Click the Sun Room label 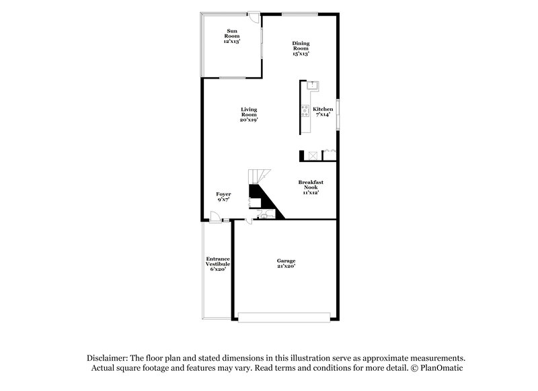232,36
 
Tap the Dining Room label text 301,49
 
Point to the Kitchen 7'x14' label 323,112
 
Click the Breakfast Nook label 311,187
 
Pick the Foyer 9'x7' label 223,197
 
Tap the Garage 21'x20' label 286,263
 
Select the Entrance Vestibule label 218,264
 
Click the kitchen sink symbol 313,85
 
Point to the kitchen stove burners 305,111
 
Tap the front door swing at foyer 215,216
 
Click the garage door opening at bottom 286,316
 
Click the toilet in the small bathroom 262,214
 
